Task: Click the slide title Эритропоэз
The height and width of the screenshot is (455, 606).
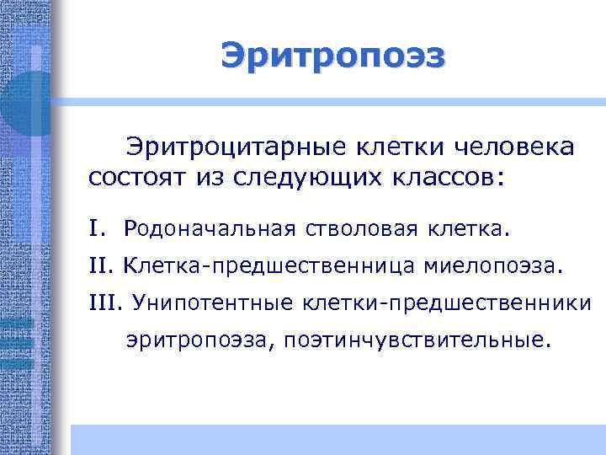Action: pos(333,56)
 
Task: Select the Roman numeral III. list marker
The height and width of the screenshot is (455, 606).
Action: pos(105,302)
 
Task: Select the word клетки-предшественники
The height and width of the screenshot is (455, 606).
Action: pos(454,302)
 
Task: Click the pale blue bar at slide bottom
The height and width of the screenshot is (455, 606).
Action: pos(337,439)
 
